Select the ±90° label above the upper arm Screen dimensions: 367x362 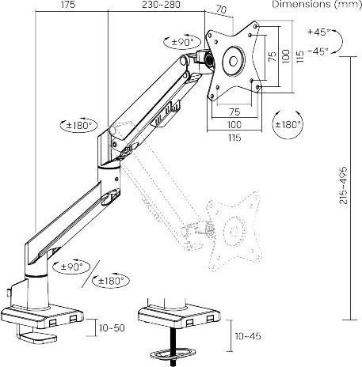(183, 40)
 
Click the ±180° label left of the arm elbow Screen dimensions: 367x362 (78, 124)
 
